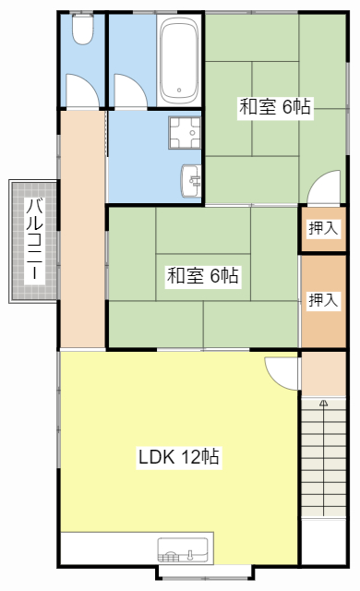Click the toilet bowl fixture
point(82,32)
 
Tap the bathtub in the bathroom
point(178,63)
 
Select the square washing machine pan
point(186,132)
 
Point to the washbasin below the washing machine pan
point(192,177)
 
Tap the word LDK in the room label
point(156,457)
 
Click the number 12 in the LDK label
point(190,457)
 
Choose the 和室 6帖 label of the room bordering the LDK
point(203,275)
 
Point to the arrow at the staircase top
point(323,404)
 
